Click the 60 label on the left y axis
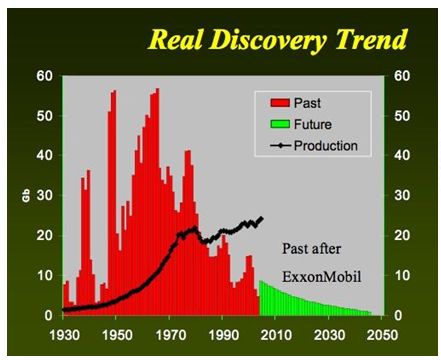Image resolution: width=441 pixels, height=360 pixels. click(43, 76)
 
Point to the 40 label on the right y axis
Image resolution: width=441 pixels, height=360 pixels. click(404, 156)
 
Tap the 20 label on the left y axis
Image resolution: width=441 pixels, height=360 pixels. click(43, 236)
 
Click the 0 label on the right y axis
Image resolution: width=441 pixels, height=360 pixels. click(400, 316)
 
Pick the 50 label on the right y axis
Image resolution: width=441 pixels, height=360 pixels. click(404, 116)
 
